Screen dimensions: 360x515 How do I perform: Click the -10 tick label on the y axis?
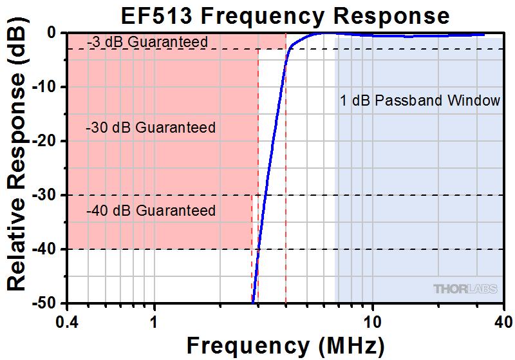point(46,87)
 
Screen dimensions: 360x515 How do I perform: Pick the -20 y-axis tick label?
point(46,141)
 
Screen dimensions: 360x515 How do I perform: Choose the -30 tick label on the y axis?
point(46,195)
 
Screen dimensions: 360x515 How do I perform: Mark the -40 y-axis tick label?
point(46,249)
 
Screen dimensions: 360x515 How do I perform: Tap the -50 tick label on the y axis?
point(46,303)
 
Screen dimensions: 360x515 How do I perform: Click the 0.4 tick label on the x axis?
point(67,320)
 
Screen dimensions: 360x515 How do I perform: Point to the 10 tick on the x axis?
point(371,320)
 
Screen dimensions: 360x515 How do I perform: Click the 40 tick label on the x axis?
point(502,320)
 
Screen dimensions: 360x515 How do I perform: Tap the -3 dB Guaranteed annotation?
point(147,43)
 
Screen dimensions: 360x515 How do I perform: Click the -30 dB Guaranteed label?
point(150,128)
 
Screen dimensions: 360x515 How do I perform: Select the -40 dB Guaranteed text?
point(150,211)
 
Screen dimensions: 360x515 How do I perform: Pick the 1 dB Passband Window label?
point(420,100)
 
